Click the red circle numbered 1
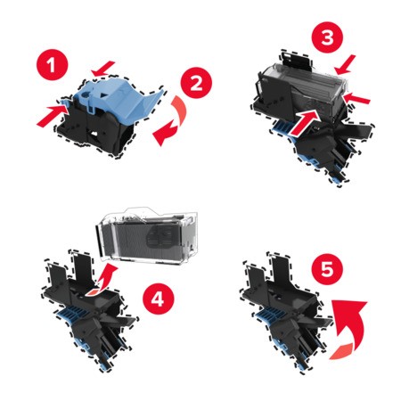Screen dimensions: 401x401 click(x=52, y=65)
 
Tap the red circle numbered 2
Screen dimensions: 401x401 click(x=196, y=83)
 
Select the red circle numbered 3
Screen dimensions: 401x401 click(x=327, y=37)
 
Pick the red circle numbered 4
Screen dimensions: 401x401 click(x=158, y=299)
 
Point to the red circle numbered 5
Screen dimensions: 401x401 click(x=327, y=269)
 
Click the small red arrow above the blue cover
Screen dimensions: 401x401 click(x=102, y=69)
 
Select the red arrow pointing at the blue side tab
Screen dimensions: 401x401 click(x=51, y=115)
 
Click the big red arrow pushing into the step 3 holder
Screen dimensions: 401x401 click(x=305, y=122)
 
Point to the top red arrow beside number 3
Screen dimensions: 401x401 click(x=345, y=65)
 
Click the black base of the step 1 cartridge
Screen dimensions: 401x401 click(x=95, y=131)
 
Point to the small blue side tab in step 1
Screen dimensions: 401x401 click(x=65, y=102)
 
